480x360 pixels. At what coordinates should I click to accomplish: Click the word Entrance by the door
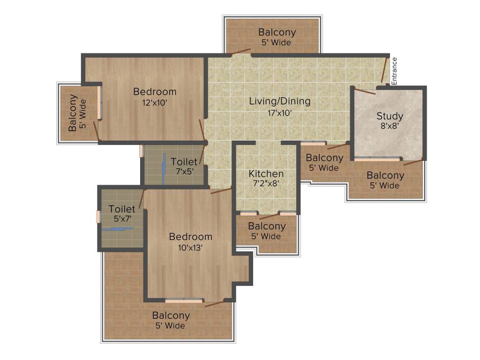click(394, 71)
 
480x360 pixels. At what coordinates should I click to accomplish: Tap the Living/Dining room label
click(279, 101)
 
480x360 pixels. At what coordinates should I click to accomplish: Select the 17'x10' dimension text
click(279, 112)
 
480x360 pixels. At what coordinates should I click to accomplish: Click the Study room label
click(390, 116)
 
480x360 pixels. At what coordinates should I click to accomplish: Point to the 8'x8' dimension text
click(390, 126)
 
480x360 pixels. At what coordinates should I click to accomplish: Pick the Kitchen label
click(266, 173)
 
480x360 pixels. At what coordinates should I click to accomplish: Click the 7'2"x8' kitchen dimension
click(266, 184)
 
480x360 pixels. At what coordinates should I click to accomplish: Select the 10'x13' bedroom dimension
click(190, 247)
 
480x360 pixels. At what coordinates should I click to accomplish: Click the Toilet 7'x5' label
click(184, 162)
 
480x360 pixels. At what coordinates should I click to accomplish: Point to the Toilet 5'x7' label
click(122, 209)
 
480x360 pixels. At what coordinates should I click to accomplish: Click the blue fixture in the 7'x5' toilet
click(164, 168)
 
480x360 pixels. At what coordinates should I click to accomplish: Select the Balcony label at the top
click(277, 32)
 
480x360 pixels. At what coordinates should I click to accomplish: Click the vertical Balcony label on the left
click(73, 113)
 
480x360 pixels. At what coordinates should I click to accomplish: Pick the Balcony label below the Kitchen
click(267, 226)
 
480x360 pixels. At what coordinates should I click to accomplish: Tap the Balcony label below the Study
click(385, 175)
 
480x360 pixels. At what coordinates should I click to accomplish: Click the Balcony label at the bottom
click(171, 315)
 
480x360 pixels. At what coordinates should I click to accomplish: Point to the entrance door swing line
click(385, 70)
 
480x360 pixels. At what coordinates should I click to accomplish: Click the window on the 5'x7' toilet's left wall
click(98, 217)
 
